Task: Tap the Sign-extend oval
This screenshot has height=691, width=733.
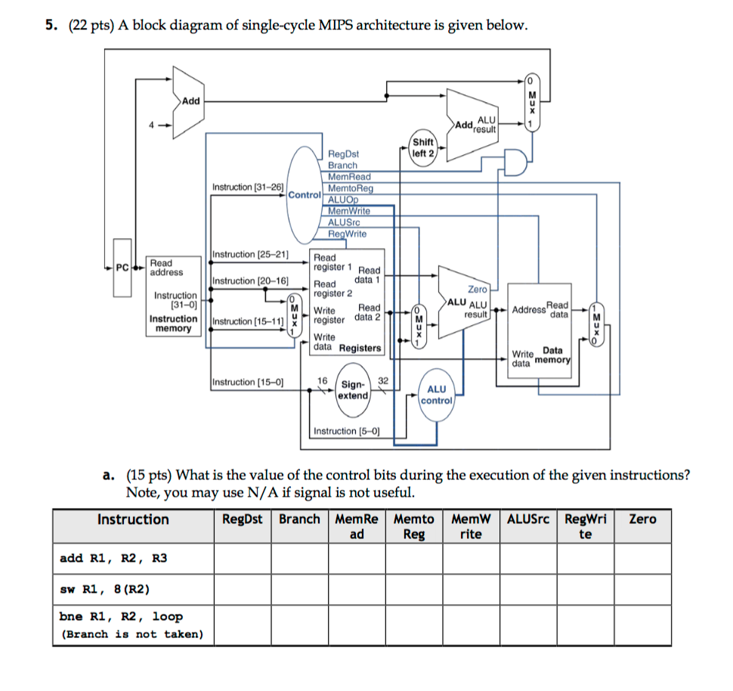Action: [x=353, y=390]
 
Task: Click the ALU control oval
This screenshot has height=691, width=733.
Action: [x=437, y=394]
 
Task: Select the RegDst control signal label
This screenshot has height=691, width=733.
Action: [x=343, y=153]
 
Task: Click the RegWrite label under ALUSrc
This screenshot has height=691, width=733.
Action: [x=347, y=234]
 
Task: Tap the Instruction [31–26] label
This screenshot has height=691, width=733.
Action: [x=248, y=187]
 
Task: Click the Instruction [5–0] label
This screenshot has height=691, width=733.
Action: [x=347, y=431]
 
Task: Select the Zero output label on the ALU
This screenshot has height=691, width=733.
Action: [x=478, y=290]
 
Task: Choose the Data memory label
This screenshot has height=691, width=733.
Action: [x=552, y=355]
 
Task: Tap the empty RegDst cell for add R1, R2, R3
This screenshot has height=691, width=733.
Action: [x=243, y=559]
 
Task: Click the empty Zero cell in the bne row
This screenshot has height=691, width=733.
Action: [x=642, y=624]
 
